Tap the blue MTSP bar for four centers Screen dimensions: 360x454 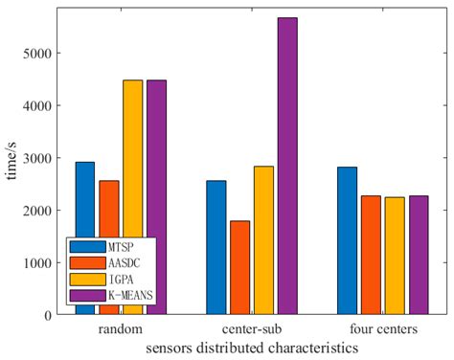pos(347,240)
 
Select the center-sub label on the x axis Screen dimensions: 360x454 pos(251,329)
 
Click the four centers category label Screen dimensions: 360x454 pos(382,329)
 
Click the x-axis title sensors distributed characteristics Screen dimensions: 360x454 pos(252,349)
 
